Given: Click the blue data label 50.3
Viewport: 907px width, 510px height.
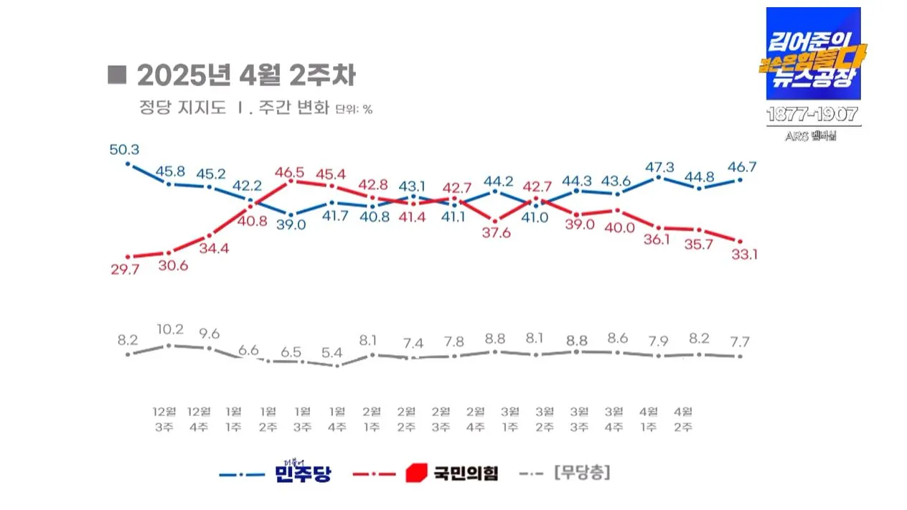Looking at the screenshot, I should (x=124, y=150).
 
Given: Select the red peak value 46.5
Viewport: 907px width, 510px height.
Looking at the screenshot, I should (x=290, y=172).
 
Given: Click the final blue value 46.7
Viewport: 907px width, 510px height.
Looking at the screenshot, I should (x=742, y=167).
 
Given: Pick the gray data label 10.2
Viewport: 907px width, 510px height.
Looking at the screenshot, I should (x=169, y=331).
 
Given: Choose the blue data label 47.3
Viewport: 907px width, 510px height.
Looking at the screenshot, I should (x=659, y=167).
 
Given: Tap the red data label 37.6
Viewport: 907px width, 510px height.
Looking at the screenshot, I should (x=497, y=233).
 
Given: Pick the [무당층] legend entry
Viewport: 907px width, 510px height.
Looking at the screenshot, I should (x=582, y=473).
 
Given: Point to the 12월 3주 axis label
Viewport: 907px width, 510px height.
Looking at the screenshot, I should (x=164, y=419).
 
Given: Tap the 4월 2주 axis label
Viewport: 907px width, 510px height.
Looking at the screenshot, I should (x=683, y=419).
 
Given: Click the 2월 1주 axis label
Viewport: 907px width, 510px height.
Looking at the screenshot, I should (x=372, y=419).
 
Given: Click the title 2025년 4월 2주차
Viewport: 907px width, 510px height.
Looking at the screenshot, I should (x=245, y=75).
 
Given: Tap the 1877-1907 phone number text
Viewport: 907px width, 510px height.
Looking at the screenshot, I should (x=812, y=115).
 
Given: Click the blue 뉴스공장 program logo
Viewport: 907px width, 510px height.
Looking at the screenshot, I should (x=812, y=54).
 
